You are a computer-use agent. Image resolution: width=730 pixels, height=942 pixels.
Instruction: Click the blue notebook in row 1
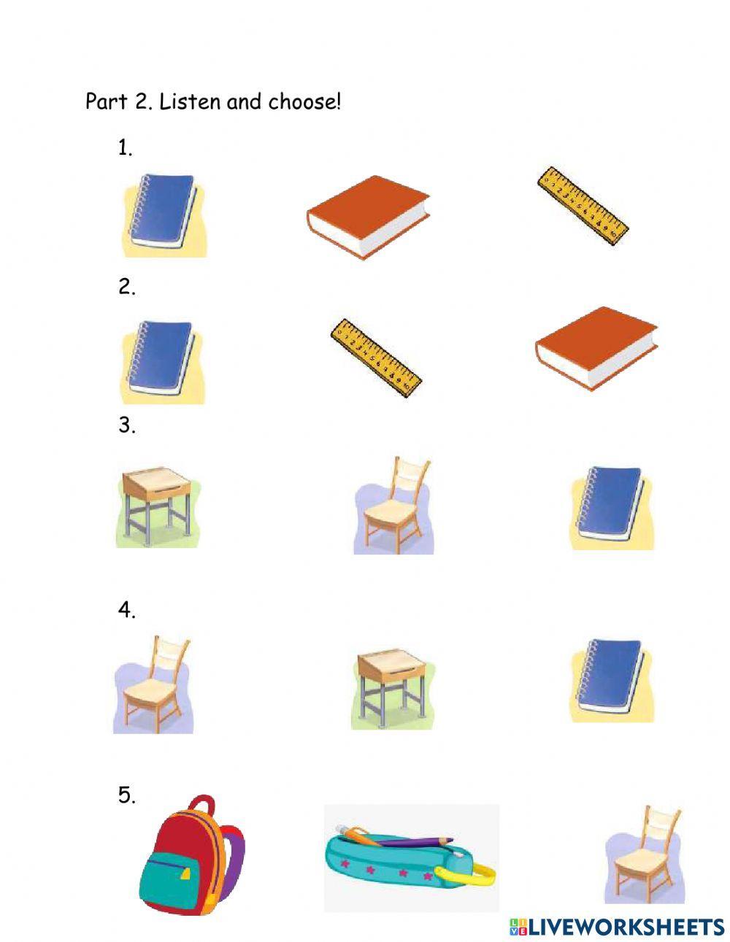(164, 215)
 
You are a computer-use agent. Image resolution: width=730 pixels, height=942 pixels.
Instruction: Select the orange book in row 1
(368, 217)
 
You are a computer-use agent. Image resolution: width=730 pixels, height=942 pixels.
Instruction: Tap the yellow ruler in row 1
(582, 205)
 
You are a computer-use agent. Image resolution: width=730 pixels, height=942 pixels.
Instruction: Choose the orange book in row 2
(596, 349)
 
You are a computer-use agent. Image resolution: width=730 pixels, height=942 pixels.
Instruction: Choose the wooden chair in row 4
(155, 684)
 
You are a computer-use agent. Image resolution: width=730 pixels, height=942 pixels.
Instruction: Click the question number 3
(126, 426)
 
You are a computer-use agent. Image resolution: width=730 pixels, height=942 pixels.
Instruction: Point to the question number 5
(126, 796)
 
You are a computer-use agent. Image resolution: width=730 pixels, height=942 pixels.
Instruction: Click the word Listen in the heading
(190, 101)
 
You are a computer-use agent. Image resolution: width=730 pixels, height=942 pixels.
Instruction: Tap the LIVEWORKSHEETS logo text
(625, 927)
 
